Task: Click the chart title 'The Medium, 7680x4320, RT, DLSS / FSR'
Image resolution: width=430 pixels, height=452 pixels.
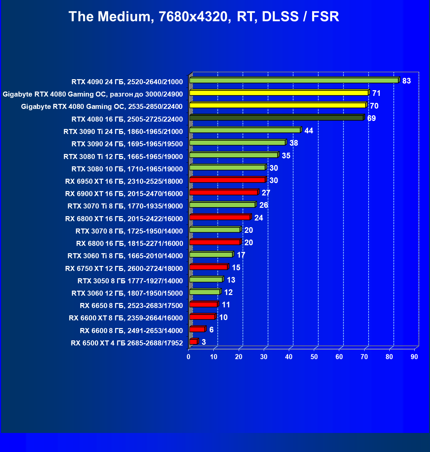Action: click(x=204, y=17)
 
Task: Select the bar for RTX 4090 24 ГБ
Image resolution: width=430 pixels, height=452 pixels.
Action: click(x=294, y=81)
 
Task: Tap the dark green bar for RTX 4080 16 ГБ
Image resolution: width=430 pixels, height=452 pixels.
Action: click(x=276, y=118)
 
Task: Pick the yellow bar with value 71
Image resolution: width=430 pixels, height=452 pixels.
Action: click(x=279, y=93)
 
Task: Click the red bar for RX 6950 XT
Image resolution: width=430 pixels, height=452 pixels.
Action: click(x=227, y=180)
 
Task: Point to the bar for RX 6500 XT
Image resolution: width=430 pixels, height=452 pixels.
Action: click(x=193, y=342)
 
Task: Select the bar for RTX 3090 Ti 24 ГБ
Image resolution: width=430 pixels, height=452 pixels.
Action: click(x=245, y=130)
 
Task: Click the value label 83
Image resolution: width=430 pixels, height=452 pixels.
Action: click(x=406, y=81)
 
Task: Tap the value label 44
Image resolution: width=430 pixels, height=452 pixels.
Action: click(x=308, y=131)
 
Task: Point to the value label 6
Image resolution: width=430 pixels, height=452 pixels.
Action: click(x=211, y=330)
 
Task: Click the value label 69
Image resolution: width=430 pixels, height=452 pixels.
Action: click(x=371, y=118)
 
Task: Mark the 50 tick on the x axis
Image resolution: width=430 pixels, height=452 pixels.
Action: click(x=314, y=357)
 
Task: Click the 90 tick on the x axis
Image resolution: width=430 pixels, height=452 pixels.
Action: click(x=414, y=357)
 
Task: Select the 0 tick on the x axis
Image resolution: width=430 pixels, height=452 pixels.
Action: click(x=189, y=357)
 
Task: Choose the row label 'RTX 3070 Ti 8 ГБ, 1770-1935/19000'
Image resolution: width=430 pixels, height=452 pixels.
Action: click(x=125, y=206)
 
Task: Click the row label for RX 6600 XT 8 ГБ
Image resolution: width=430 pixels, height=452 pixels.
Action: click(x=126, y=318)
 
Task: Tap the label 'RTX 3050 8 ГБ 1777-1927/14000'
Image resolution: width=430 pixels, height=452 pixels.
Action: click(x=130, y=281)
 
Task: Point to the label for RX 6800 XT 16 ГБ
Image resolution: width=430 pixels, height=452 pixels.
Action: click(x=124, y=219)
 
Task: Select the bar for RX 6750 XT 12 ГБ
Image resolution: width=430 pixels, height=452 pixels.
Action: click(x=208, y=267)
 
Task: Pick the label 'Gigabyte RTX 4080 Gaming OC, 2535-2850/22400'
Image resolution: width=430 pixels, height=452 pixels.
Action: click(x=102, y=107)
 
